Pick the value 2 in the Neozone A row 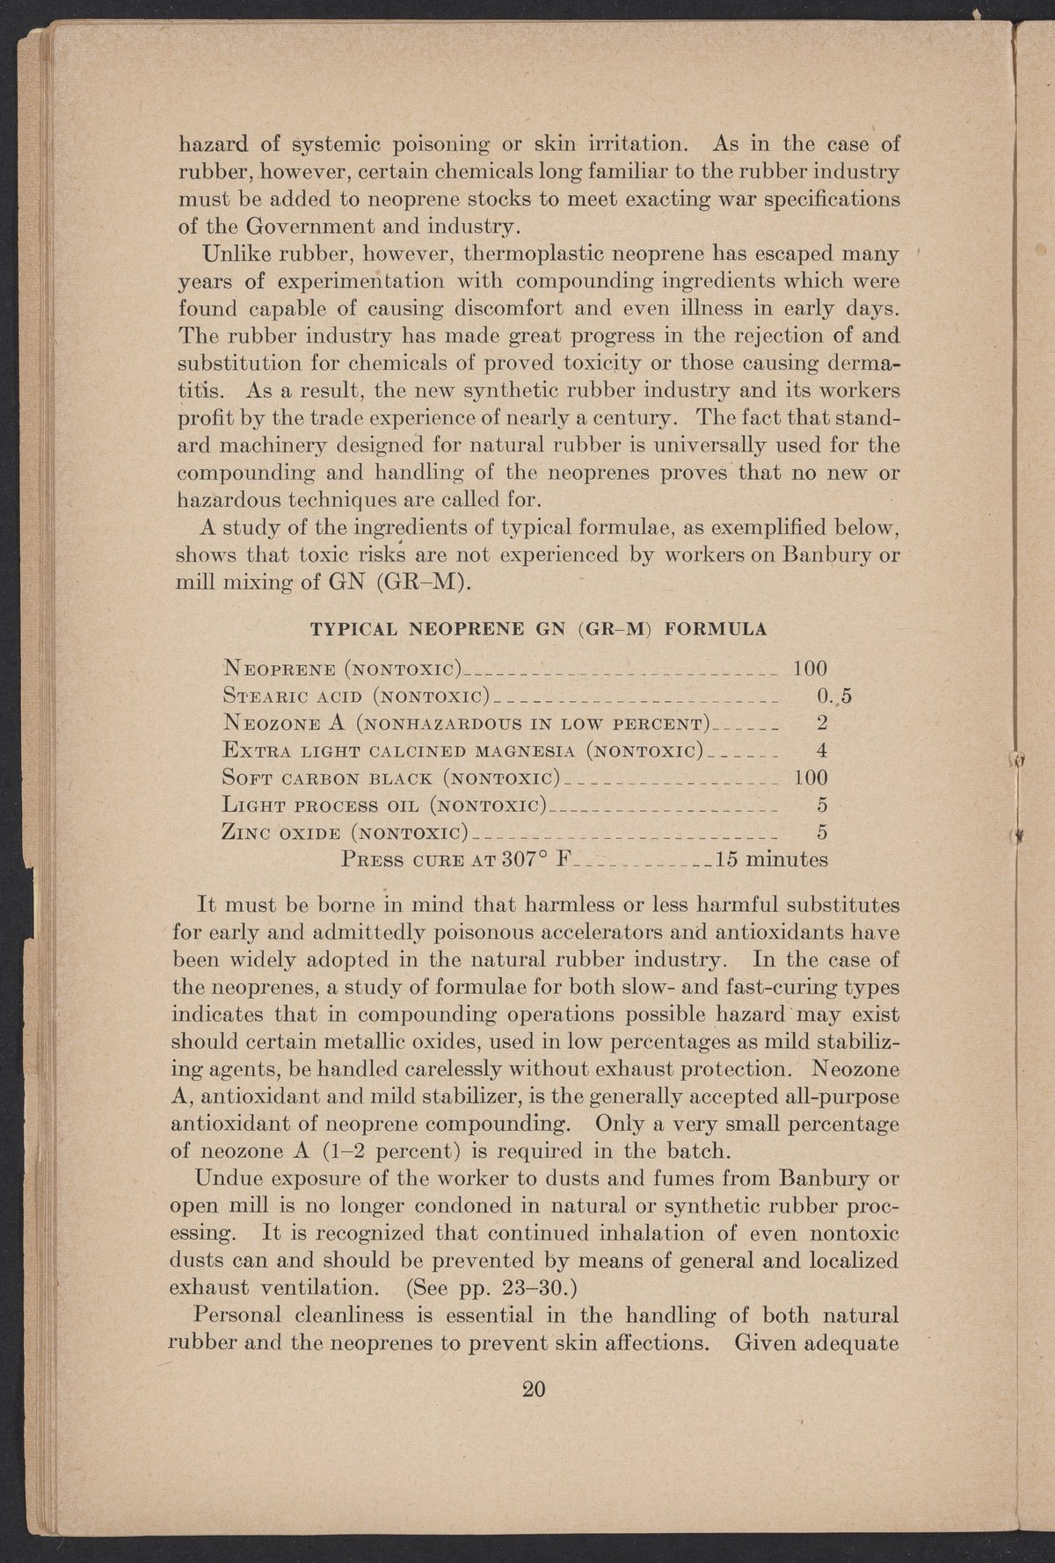pos(822,724)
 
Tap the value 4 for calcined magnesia pos(822,751)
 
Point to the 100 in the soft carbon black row pos(811,778)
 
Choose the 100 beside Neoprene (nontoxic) pos(811,669)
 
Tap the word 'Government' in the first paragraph pos(276,227)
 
